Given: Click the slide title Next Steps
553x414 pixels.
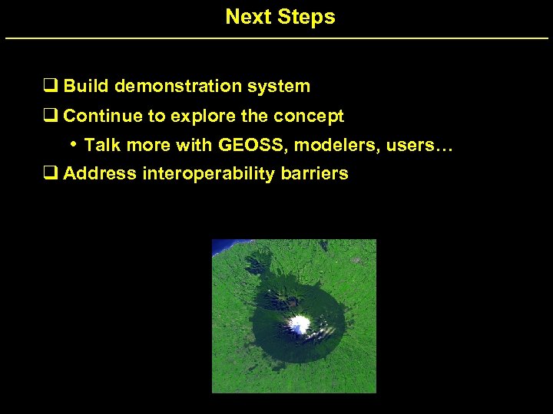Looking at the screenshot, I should pos(280,17).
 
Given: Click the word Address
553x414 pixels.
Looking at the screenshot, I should pos(99,174).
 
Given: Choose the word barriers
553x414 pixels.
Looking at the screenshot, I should pos(316,174).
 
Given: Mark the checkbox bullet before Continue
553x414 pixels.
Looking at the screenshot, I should pos(51,117).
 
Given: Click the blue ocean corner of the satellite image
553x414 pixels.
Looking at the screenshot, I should pos(220,247).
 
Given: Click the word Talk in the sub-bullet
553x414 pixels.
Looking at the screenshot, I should pos(101,145).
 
